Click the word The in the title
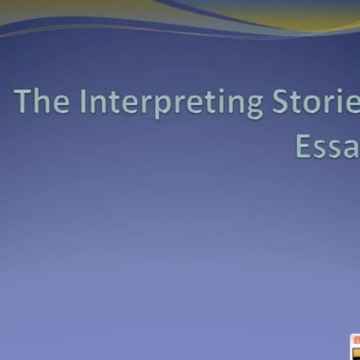coord(42,103)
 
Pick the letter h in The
coord(42,102)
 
